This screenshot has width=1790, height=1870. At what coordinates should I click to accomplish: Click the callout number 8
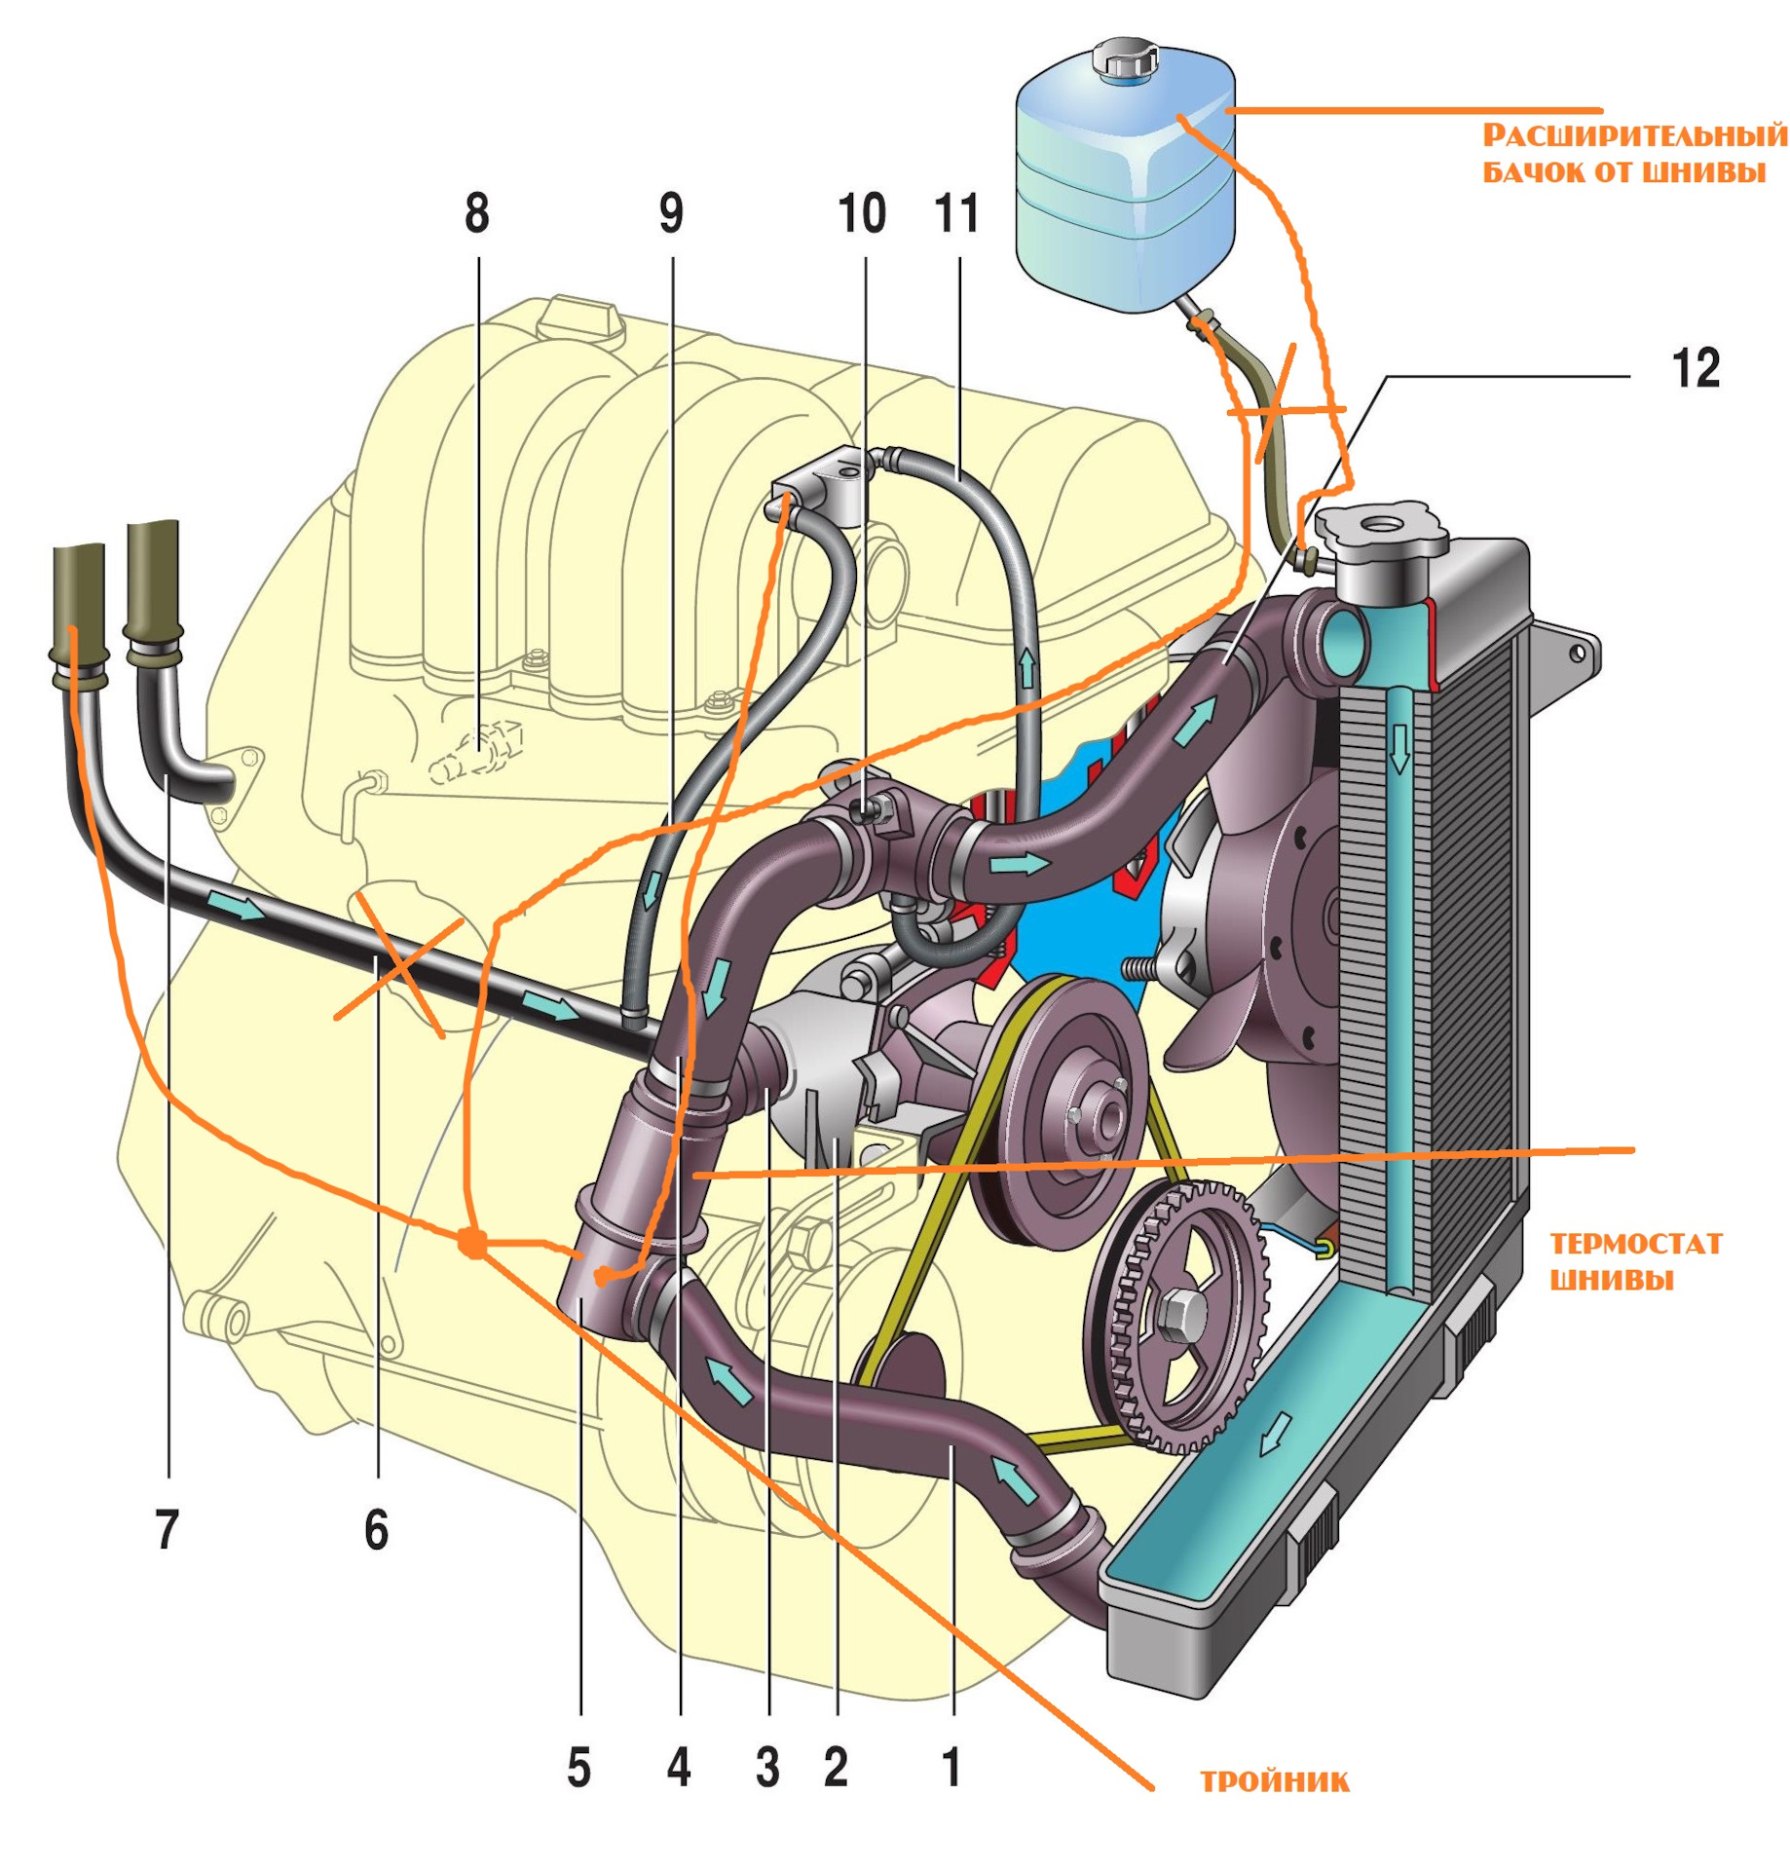476,214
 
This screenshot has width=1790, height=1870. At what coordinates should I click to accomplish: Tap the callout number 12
1696,369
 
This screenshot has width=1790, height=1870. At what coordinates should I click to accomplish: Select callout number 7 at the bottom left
168,1530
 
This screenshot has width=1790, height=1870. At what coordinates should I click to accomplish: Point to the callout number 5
579,1768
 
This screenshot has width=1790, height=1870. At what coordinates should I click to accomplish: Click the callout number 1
952,1768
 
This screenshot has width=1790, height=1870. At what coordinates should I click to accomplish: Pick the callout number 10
862,214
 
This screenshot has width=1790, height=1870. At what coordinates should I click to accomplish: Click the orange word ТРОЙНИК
1274,1782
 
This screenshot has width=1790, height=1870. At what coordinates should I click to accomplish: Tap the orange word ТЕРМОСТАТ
1635,1244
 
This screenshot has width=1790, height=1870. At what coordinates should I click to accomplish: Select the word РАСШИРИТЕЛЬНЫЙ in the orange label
1635,134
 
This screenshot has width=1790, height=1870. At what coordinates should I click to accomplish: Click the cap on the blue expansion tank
1123,60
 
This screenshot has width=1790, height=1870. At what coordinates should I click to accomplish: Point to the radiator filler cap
1381,533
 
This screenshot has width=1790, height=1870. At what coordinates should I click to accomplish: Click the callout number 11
956,214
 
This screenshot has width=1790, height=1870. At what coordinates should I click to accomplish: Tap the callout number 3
767,1768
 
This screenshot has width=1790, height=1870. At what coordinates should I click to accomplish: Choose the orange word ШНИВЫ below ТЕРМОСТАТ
1611,1280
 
